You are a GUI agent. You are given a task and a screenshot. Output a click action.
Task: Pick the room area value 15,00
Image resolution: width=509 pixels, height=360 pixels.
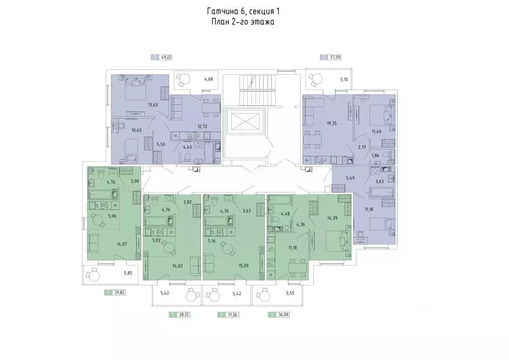[243, 265]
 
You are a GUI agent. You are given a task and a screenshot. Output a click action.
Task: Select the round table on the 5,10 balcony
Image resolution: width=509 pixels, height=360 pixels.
[314, 78]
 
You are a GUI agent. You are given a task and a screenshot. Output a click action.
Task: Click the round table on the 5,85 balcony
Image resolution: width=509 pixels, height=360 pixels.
[94, 274]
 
